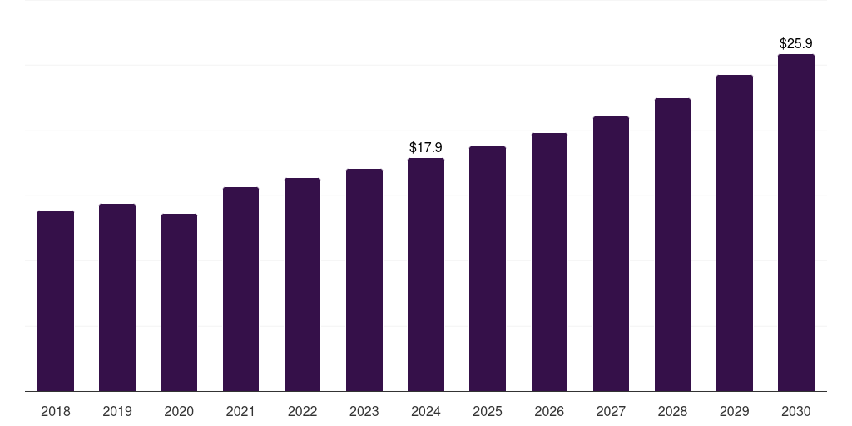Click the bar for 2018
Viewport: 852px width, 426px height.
click(x=56, y=300)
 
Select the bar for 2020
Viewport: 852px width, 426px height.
click(x=179, y=302)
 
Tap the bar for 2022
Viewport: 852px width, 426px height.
click(x=302, y=285)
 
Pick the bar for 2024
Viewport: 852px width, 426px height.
click(x=426, y=275)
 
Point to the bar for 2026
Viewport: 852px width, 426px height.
click(x=549, y=262)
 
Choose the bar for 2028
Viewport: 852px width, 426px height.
click(x=672, y=245)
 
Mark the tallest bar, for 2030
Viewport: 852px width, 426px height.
click(x=796, y=222)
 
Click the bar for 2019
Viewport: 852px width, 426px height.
click(x=117, y=297)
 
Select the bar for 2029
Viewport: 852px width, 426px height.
click(x=735, y=233)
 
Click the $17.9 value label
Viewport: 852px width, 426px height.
click(x=426, y=147)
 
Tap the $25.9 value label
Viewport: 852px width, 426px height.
click(x=796, y=43)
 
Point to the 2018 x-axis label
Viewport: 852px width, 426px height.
click(x=56, y=411)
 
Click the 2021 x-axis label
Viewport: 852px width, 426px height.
click(x=240, y=411)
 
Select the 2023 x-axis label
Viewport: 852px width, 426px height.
click(x=364, y=411)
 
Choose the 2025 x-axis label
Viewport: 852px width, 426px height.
click(x=488, y=411)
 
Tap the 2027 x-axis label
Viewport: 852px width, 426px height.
click(x=611, y=411)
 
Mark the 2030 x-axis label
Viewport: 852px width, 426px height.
click(x=796, y=411)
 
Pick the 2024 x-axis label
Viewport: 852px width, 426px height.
click(x=426, y=411)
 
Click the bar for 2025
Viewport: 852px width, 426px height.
click(x=488, y=269)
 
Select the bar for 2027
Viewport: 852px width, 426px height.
click(x=611, y=254)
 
